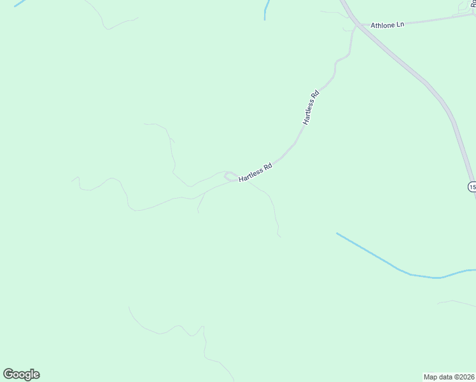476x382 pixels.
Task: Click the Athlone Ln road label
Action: (388, 24)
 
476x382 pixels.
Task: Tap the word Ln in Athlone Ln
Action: (400, 23)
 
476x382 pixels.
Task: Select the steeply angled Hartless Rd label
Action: (310, 108)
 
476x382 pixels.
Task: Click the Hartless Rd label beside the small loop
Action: (255, 173)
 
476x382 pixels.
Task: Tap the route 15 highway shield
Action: (472, 187)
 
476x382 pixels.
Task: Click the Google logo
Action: (22, 374)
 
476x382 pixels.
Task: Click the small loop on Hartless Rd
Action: (230, 176)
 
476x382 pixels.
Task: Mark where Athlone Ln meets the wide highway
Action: (361, 26)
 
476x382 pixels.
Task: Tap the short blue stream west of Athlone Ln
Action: (266, 10)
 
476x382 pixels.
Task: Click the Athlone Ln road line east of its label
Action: (439, 18)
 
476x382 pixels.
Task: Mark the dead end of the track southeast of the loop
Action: (280, 237)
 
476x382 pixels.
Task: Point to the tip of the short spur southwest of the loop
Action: (198, 211)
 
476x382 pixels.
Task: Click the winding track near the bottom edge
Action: (172, 331)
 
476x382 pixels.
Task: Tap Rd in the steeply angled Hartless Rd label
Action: (314, 95)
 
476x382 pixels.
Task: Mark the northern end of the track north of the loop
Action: (145, 124)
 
